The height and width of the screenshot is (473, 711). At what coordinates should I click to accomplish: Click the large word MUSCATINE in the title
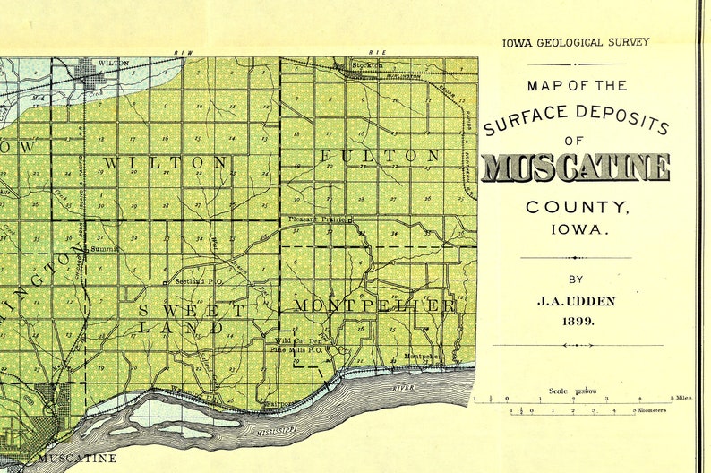coord(575,168)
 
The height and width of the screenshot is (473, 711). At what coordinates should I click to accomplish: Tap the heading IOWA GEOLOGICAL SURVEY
coord(576,41)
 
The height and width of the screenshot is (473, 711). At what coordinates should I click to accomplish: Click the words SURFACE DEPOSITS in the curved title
coord(576,115)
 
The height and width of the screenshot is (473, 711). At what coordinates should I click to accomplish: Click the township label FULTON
coord(381,156)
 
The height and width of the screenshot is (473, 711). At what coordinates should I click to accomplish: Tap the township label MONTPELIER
coord(374,305)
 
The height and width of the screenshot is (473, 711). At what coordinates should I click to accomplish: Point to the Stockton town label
coord(367,64)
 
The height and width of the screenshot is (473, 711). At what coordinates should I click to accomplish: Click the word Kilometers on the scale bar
coord(652,410)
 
